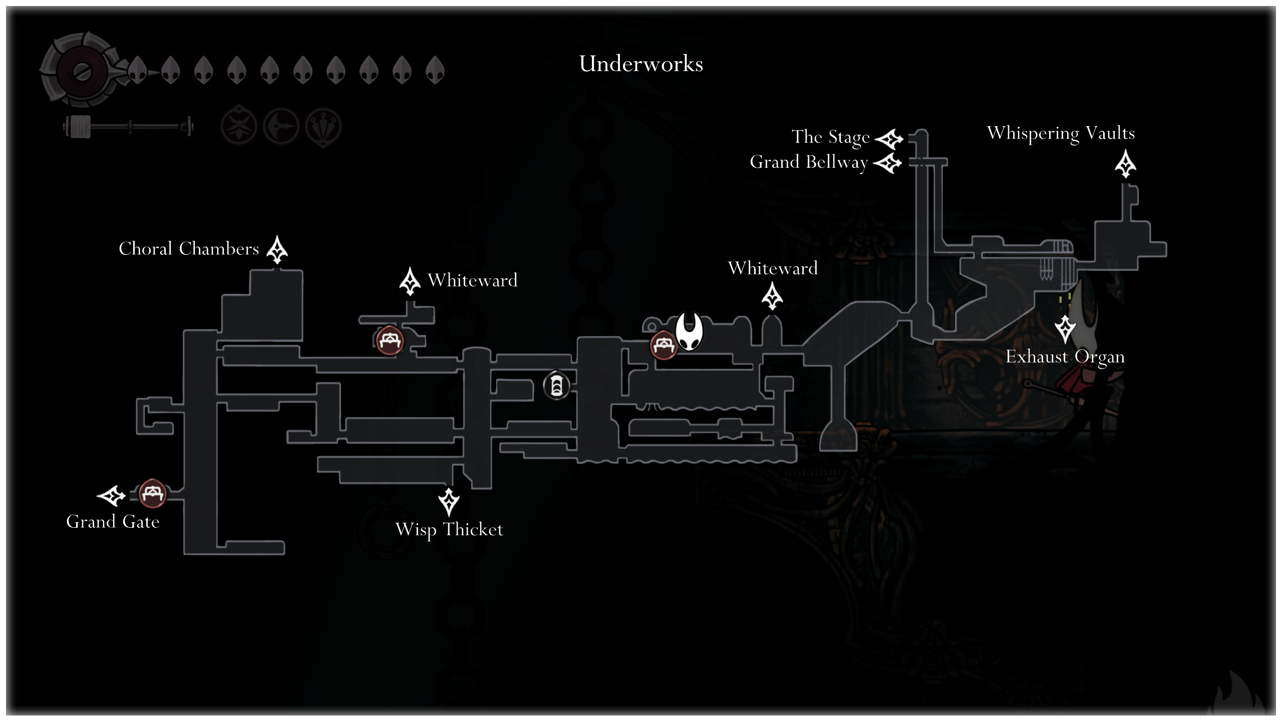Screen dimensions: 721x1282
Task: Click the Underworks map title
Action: [641, 64]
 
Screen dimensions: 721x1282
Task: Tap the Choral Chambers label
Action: [189, 249]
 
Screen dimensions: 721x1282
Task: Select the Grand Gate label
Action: [113, 522]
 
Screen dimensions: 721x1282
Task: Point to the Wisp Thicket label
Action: [449, 530]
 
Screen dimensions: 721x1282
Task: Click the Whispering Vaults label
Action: [1061, 134]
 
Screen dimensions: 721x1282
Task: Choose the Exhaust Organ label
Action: [1065, 357]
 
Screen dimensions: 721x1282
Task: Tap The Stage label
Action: [831, 137]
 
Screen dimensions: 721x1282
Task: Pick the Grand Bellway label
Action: [809, 162]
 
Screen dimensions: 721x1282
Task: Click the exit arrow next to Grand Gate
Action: [111, 496]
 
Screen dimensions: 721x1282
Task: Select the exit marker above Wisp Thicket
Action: [449, 502]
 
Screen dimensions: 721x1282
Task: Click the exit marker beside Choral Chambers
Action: [277, 249]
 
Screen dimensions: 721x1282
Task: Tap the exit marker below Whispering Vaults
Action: [1125, 164]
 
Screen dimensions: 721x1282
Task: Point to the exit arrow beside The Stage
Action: [889, 139]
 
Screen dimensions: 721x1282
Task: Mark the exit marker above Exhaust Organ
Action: [1065, 328]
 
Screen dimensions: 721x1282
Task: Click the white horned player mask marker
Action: [689, 331]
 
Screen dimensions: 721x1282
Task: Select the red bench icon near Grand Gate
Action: [152, 493]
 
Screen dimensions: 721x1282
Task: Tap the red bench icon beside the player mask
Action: [664, 345]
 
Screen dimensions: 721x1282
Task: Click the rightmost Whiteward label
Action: [773, 269]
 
